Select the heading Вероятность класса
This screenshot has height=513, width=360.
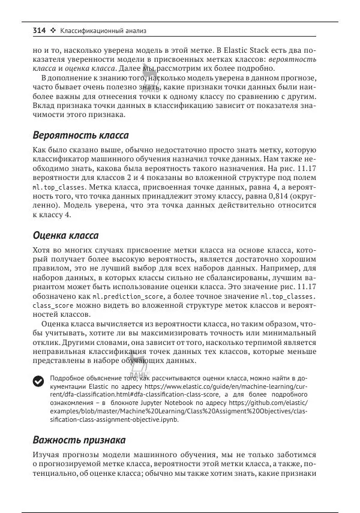80,135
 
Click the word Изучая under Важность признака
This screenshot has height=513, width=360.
46,455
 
